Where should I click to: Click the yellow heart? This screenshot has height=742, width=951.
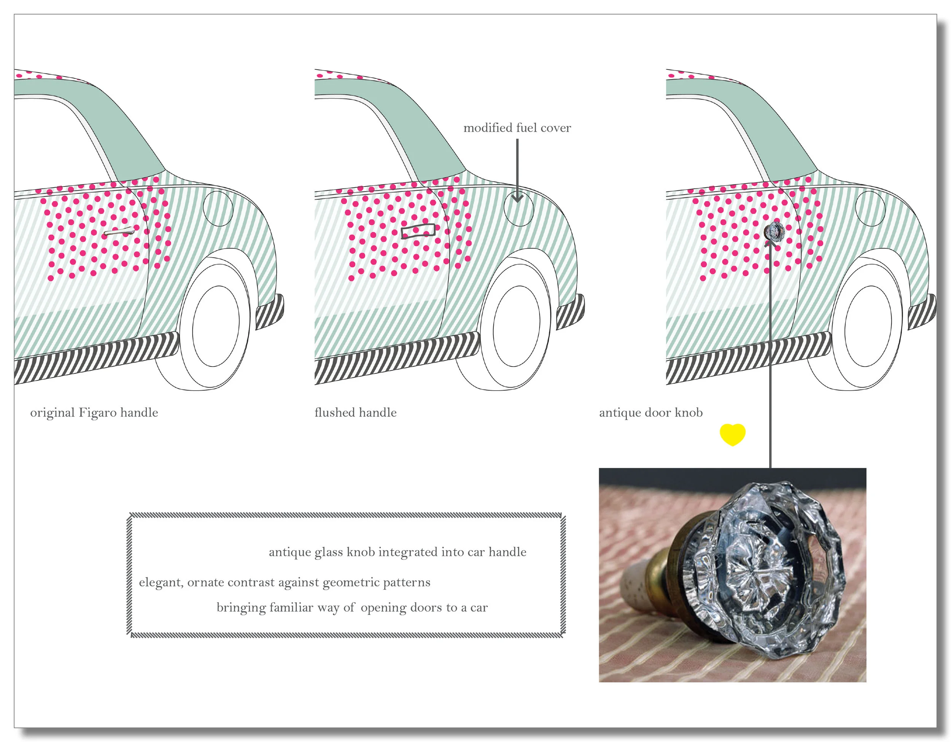[x=732, y=434]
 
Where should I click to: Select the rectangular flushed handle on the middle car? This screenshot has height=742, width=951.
[x=418, y=231]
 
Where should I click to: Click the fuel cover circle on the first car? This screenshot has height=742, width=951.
[x=218, y=208]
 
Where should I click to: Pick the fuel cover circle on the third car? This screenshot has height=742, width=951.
[x=870, y=208]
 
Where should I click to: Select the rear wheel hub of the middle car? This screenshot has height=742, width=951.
[x=517, y=326]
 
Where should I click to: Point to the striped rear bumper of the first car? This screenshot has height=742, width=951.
[x=270, y=311]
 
